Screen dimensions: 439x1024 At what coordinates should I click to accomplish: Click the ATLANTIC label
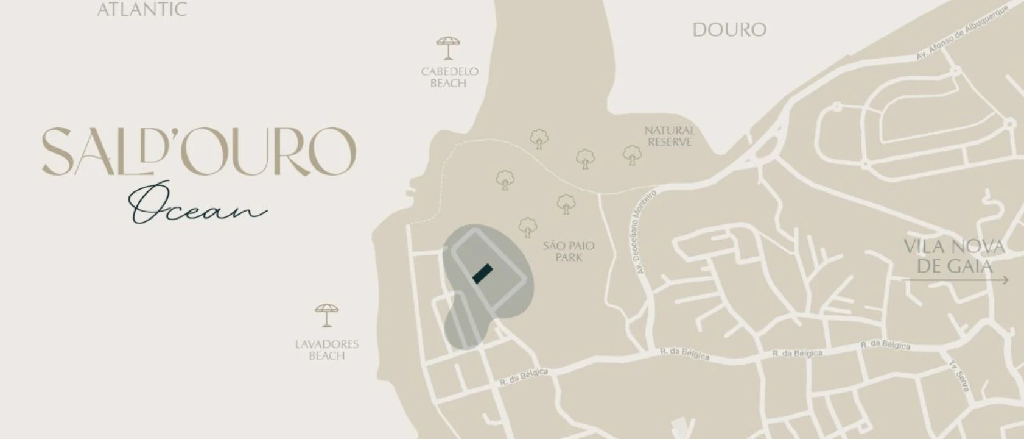[142, 9]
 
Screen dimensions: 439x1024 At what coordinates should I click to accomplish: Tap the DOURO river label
[729, 29]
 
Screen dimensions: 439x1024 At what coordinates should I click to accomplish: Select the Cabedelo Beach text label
[449, 77]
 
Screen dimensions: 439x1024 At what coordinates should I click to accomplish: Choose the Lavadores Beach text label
[327, 349]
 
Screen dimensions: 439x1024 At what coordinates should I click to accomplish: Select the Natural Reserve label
[669, 136]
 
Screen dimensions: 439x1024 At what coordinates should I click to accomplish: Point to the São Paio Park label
[569, 251]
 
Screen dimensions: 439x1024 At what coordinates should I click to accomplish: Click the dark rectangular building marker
[483, 273]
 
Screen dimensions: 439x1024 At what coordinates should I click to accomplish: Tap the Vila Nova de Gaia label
[954, 256]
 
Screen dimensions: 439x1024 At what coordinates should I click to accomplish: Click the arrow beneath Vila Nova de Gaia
[955, 280]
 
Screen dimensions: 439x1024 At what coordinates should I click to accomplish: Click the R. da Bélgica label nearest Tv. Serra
[885, 345]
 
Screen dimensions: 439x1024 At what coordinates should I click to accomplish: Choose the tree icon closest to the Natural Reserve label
[632, 155]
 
